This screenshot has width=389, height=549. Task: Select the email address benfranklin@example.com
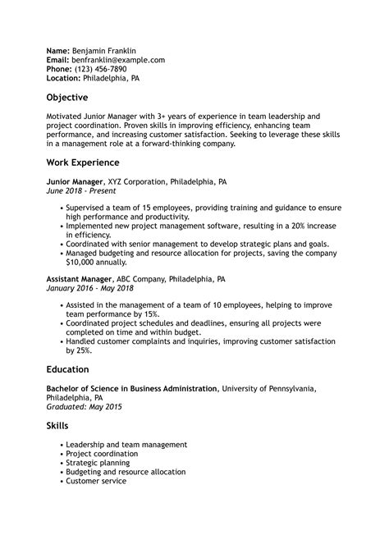[118, 59]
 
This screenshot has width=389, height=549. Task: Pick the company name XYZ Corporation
[138, 181]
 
